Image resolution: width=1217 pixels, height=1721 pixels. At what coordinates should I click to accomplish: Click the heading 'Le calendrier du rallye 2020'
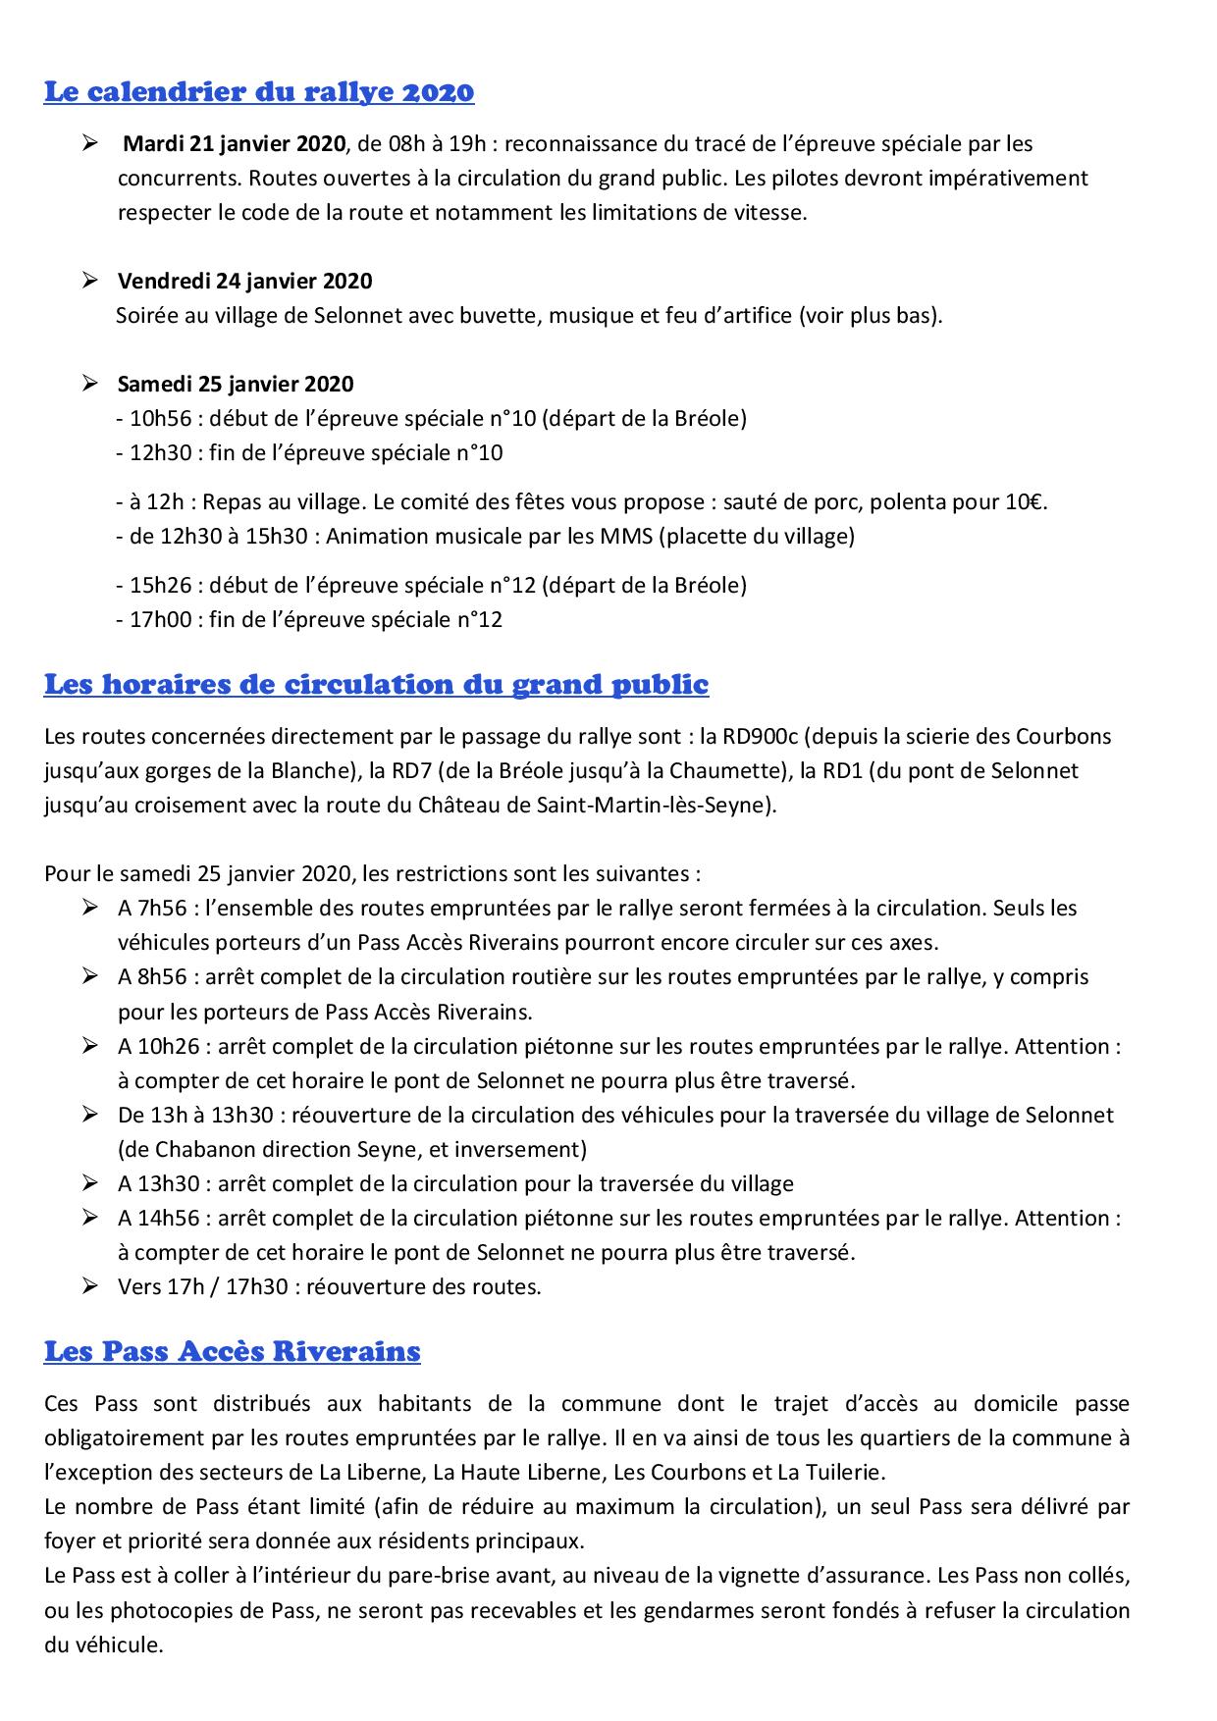[x=259, y=92]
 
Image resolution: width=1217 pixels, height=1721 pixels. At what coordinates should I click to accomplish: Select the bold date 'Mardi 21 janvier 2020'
[x=234, y=144]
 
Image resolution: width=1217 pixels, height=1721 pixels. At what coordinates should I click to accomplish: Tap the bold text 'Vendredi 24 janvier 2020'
[x=244, y=282]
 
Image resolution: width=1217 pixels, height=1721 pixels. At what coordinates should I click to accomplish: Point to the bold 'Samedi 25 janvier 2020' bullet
[x=236, y=385]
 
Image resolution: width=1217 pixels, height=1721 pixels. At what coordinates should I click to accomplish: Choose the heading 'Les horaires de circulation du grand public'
[x=376, y=684]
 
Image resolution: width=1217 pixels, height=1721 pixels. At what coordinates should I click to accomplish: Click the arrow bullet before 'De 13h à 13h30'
[x=90, y=1115]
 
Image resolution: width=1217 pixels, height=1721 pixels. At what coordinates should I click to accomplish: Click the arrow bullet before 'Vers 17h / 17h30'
[x=90, y=1286]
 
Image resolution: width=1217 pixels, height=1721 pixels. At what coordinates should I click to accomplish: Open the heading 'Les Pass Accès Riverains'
[x=232, y=1351]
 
